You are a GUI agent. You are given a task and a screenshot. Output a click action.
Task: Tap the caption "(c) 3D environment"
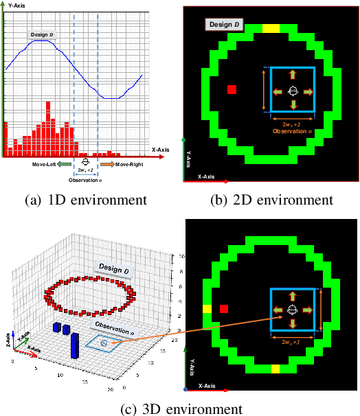point(181,409)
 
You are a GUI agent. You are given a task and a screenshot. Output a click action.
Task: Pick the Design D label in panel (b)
point(221,25)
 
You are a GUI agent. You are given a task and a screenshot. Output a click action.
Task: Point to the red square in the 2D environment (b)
point(232,90)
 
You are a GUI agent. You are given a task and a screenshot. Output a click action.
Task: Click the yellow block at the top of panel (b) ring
point(271,29)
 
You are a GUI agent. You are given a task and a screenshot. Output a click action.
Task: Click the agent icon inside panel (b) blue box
point(293,91)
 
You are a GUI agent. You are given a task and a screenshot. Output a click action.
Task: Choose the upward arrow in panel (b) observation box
point(293,74)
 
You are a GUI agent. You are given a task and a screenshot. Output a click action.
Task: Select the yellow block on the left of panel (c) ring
point(207,309)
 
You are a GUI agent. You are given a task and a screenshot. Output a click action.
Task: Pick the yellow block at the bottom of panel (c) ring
point(275,369)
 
